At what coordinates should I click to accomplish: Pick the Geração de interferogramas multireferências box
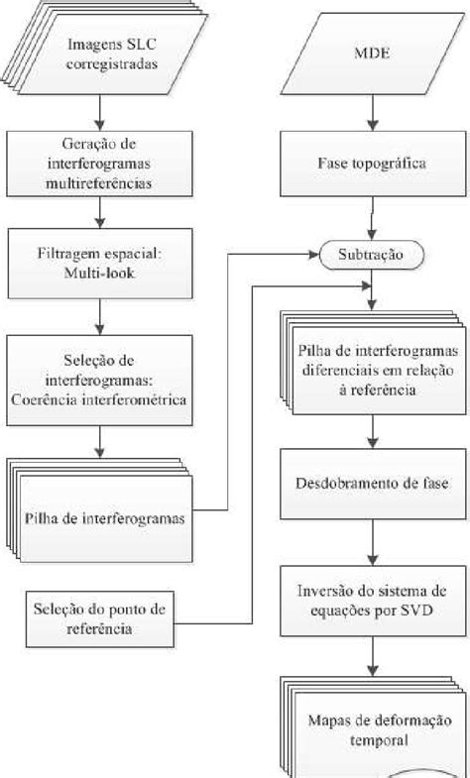(x=102, y=163)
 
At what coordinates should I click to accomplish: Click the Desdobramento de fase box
(x=371, y=486)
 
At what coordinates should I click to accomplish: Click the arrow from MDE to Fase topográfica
(x=371, y=117)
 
